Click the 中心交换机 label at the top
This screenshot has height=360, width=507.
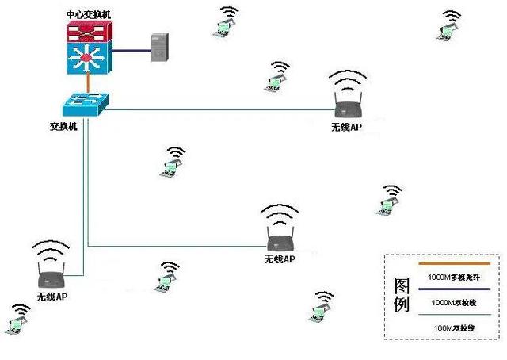pyautogui.click(x=90, y=14)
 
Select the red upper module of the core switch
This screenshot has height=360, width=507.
pyautogui.click(x=90, y=32)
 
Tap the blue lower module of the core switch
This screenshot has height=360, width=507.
pyautogui.click(x=90, y=57)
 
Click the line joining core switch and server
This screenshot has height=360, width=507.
pyautogui.click(x=132, y=51)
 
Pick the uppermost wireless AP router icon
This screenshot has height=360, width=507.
pyautogui.click(x=349, y=106)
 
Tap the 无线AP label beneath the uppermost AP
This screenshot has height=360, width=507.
pyautogui.click(x=347, y=127)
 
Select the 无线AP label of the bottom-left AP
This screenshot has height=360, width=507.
pyautogui.click(x=52, y=296)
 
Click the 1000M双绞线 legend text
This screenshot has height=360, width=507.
pyautogui.click(x=454, y=302)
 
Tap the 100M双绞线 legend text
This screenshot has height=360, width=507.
pyautogui.click(x=454, y=327)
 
